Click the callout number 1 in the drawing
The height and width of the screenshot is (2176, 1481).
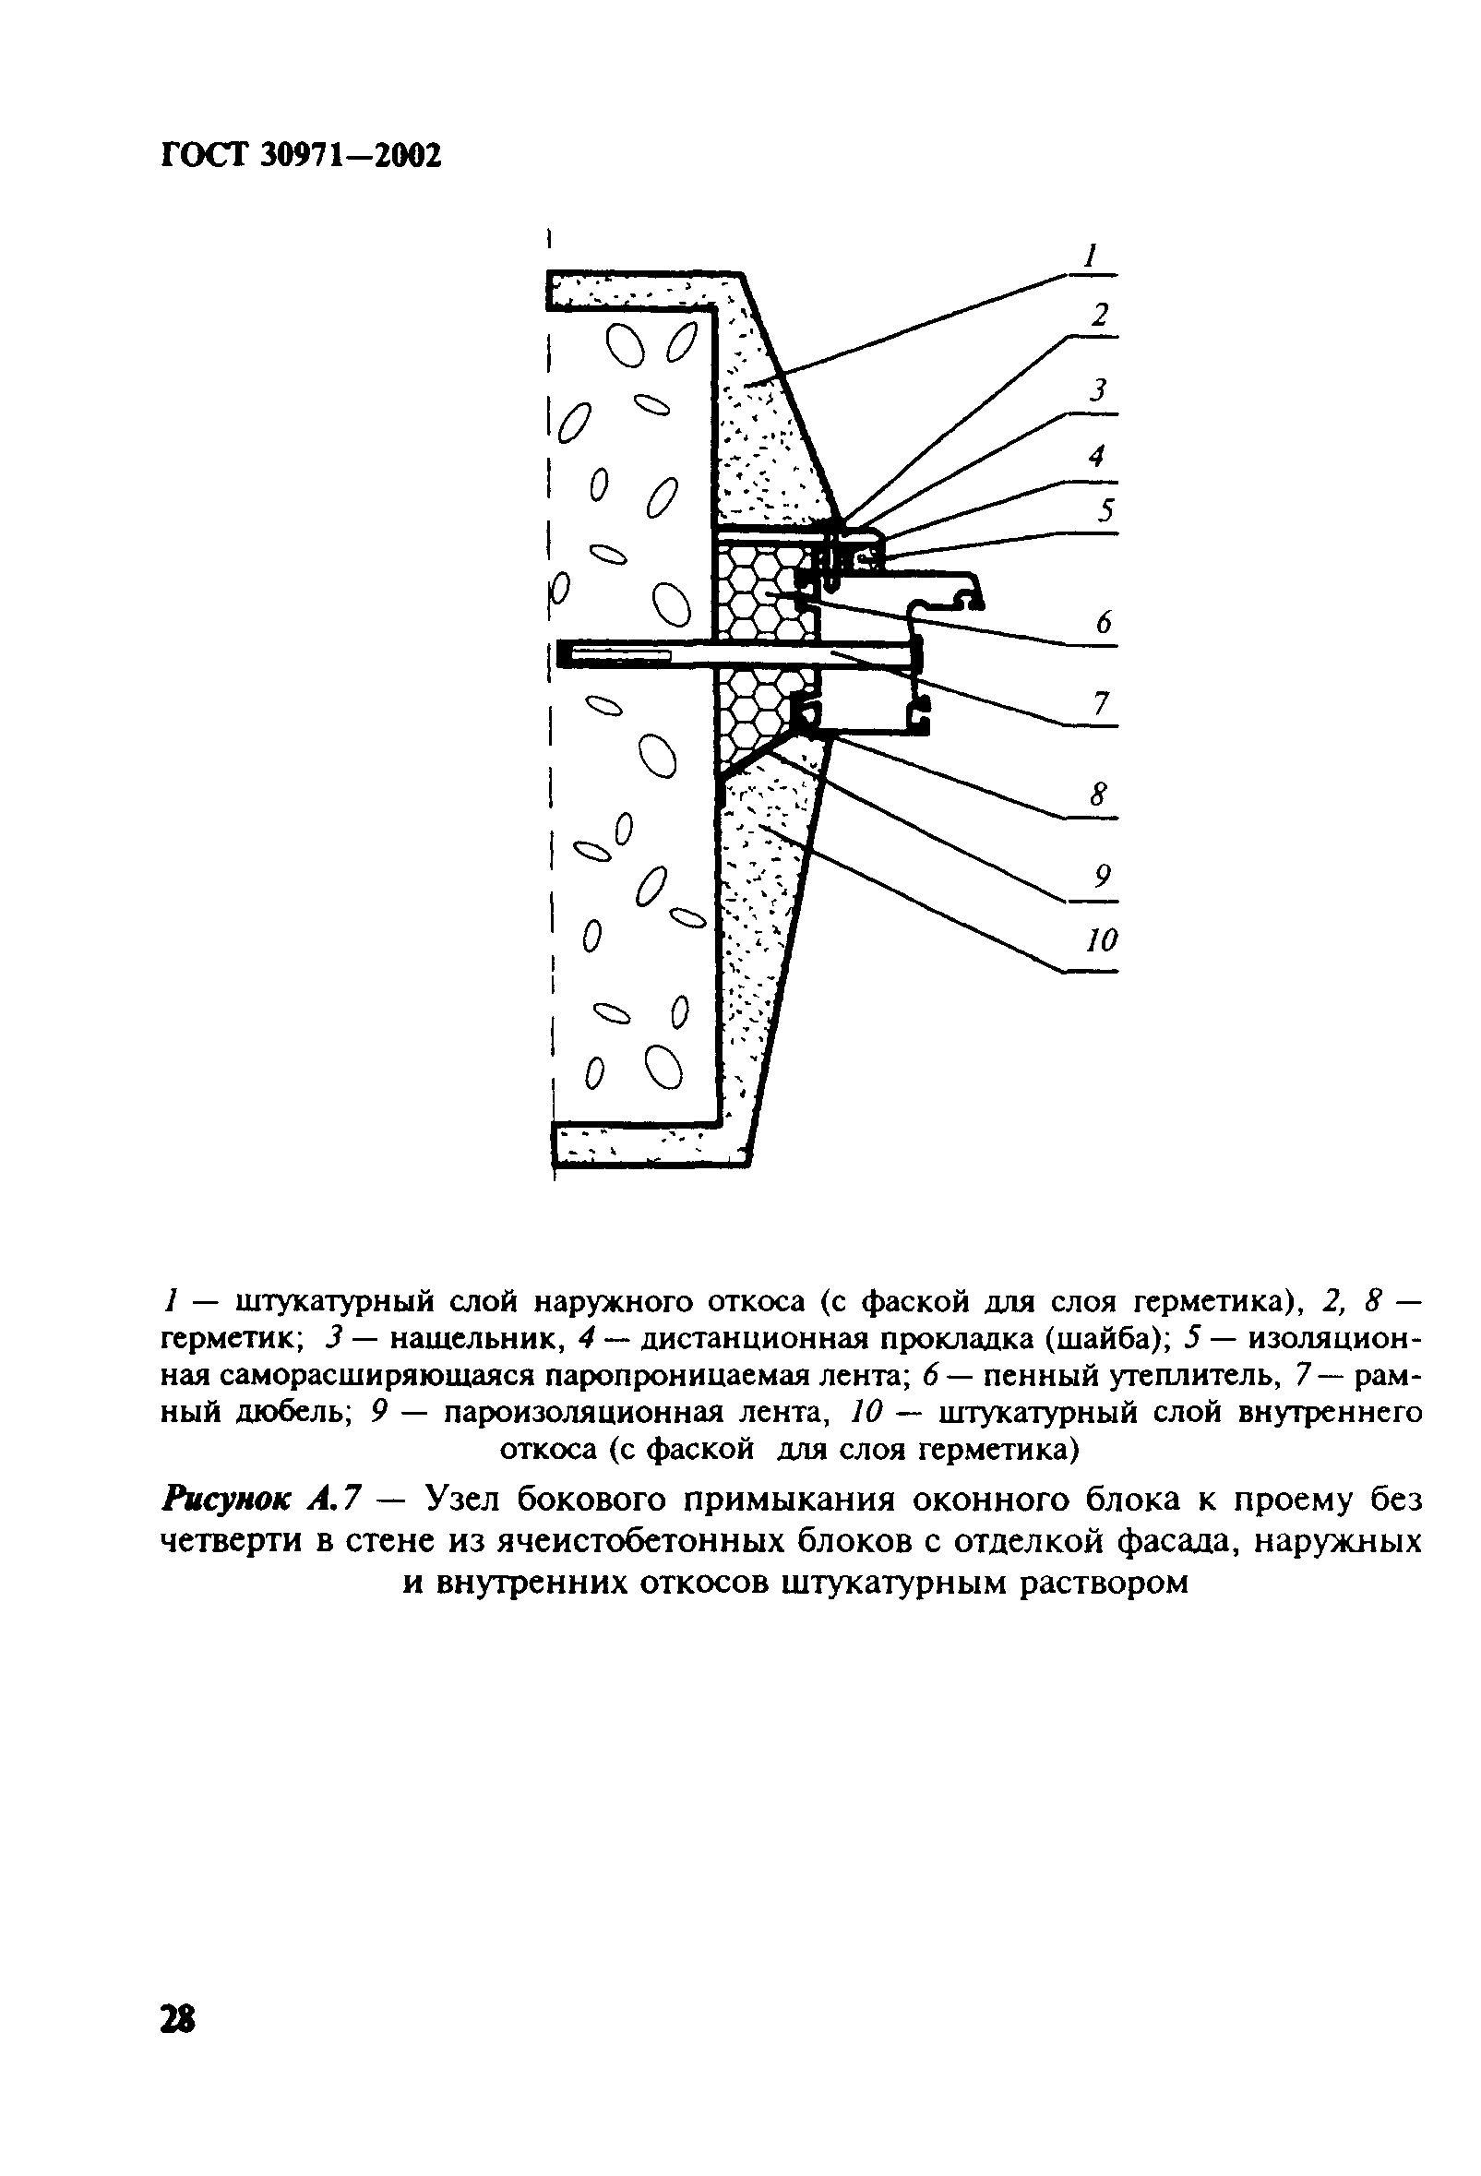coord(1090,256)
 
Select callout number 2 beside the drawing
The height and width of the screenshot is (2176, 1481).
coord(1100,317)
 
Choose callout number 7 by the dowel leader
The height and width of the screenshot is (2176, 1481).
coord(1101,703)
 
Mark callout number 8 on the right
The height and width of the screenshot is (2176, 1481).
coord(1098,795)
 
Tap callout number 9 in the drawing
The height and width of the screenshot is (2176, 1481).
coord(1102,877)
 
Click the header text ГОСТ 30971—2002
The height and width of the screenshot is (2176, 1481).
coord(301,156)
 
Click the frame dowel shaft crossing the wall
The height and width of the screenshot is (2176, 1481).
coord(730,652)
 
